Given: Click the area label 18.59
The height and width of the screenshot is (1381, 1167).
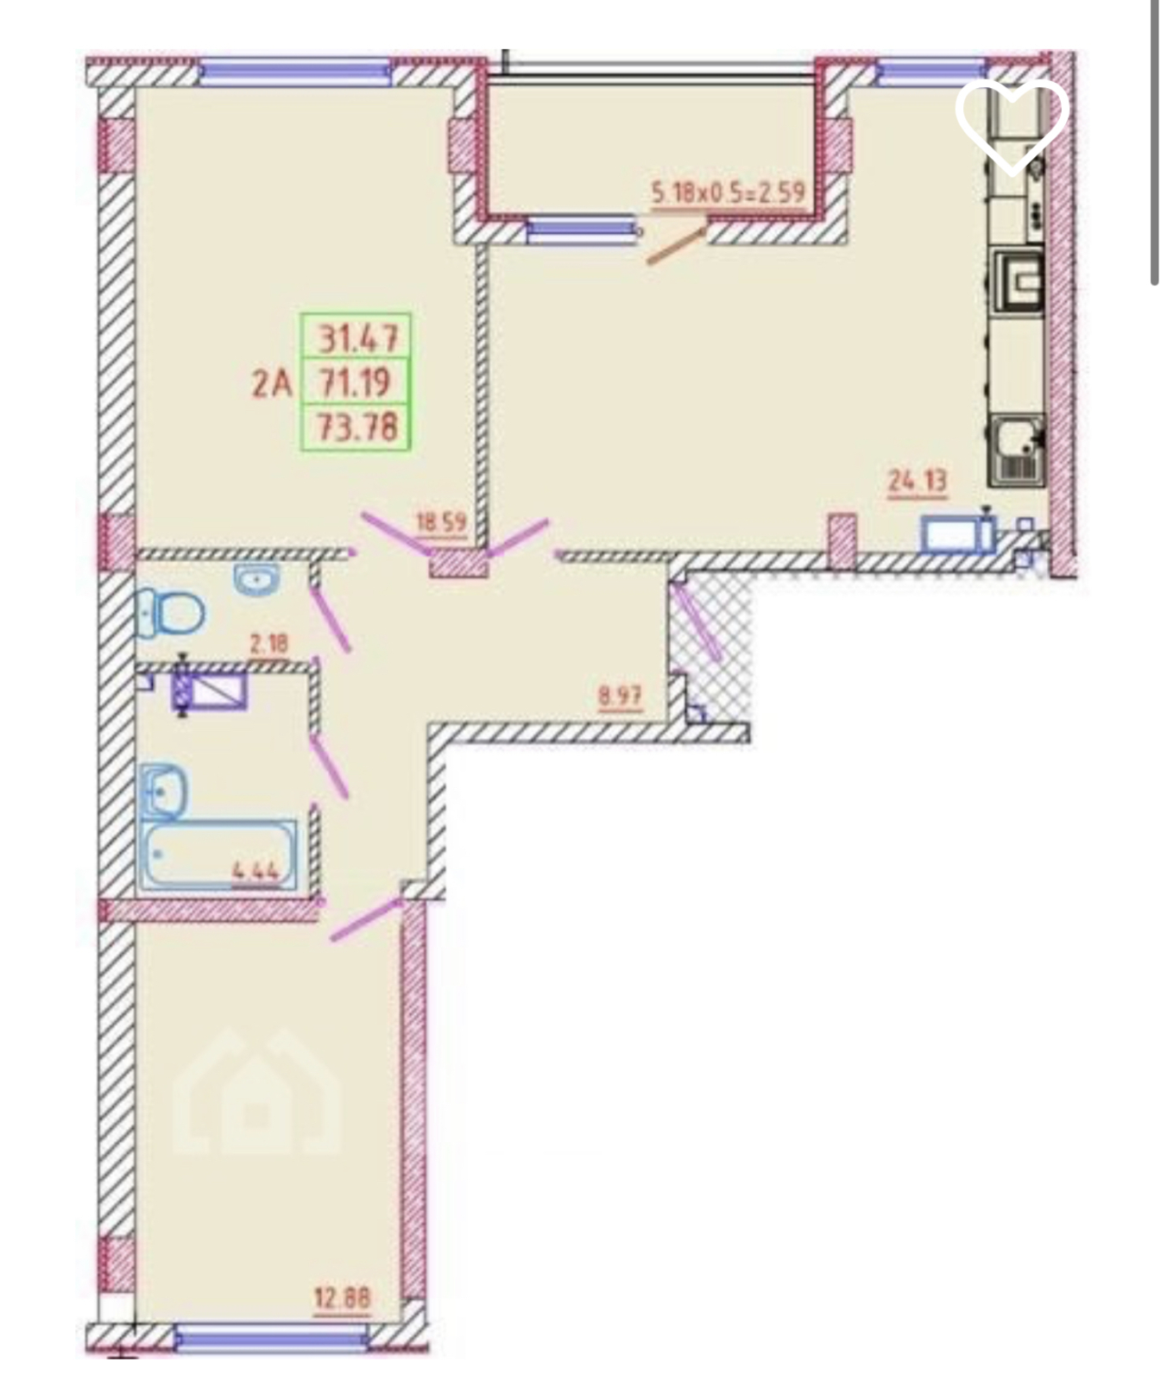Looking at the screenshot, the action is tap(441, 522).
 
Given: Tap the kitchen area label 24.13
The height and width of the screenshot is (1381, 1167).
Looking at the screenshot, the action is tap(918, 481).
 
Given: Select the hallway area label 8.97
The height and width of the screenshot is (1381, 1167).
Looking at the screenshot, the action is tap(621, 695).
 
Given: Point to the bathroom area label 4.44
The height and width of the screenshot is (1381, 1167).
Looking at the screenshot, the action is tap(255, 870).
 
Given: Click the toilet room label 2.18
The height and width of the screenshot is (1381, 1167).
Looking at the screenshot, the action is tap(268, 644).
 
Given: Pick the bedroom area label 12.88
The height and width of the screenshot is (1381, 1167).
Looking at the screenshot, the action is tap(343, 1297).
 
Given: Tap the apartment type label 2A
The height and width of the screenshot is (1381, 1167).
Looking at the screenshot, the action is tap(272, 382).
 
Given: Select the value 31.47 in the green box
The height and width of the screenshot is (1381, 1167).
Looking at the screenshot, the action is tap(359, 337).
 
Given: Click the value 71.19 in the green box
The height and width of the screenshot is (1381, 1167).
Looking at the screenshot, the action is tap(355, 382).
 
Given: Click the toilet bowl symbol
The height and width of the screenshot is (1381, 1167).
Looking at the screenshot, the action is tap(169, 614).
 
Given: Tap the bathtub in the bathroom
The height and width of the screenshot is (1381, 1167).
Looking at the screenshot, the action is tap(219, 855).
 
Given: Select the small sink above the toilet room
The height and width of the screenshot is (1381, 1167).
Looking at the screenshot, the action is tap(257, 579).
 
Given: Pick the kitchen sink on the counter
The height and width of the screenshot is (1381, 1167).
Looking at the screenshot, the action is tap(1019, 449).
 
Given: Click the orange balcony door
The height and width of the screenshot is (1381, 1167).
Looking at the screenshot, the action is tap(678, 243).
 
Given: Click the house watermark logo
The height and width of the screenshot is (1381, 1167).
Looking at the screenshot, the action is tap(257, 1091).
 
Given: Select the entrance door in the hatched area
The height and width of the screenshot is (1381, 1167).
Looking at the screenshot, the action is tap(697, 621).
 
